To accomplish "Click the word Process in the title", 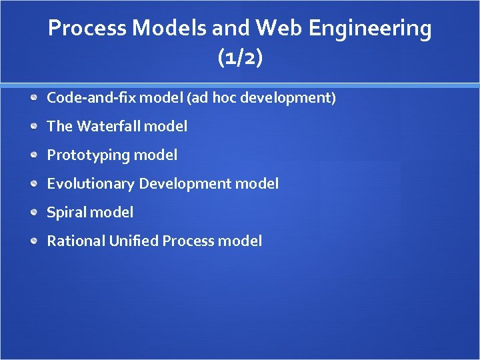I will click(x=87, y=29).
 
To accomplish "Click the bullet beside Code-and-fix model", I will click(x=34, y=98).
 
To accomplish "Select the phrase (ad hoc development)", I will click(x=261, y=98).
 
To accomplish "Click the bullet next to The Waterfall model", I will click(x=34, y=127).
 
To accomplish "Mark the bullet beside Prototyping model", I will click(x=34, y=155).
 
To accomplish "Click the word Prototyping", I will click(x=88, y=155).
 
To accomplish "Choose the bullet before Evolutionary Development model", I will click(x=34, y=184).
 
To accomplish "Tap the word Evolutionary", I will click(x=91, y=184).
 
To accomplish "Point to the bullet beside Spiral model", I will click(x=34, y=213).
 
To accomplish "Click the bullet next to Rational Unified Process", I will click(x=34, y=241).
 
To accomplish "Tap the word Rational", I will click(x=74, y=241).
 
